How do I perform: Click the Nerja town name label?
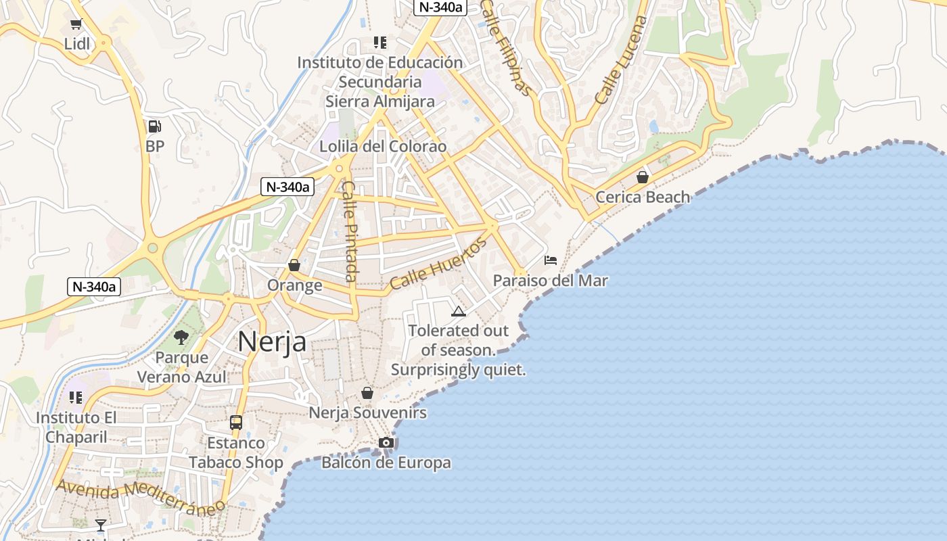(x=272, y=342)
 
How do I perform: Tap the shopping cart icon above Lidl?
(x=76, y=25)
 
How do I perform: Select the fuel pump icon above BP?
(x=155, y=126)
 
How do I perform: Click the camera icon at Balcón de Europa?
(x=386, y=443)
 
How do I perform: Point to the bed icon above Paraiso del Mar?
(x=551, y=260)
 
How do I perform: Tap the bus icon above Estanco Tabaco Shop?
(x=236, y=423)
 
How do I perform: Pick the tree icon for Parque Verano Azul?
(x=181, y=337)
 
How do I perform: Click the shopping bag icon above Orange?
(x=294, y=265)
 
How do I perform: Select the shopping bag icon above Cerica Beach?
(x=643, y=177)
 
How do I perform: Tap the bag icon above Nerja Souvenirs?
(x=367, y=393)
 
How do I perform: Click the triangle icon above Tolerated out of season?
(x=459, y=311)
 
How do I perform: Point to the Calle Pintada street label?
(x=350, y=231)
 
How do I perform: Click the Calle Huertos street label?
(x=438, y=264)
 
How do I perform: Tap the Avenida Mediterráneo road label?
(x=140, y=496)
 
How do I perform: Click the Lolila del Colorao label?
(x=383, y=147)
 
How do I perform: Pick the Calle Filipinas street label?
(x=507, y=47)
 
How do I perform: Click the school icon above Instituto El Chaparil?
(x=76, y=398)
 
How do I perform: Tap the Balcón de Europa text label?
(x=386, y=463)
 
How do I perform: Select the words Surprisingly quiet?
(x=458, y=371)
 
